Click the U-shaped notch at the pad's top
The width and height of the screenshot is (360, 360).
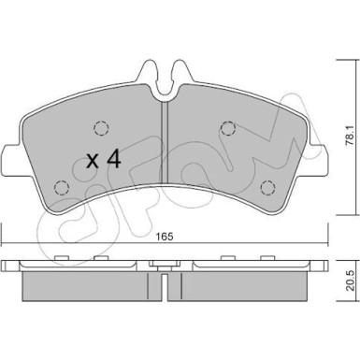(x=164, y=76)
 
